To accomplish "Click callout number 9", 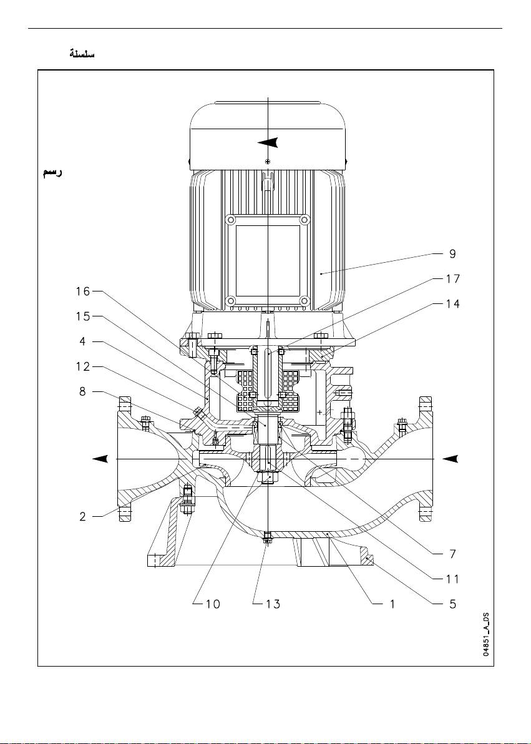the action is coord(452,254).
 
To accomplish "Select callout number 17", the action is coord(453,278).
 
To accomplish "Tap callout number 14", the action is coord(453,304).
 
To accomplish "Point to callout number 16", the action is coord(82,291).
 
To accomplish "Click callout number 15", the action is coord(82,316).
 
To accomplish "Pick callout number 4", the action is coord(82,341).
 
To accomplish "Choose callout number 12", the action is coord(82,367).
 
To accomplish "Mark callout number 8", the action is coord(82,392).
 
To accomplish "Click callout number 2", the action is coord(82,517).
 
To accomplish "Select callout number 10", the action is coord(213,604).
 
